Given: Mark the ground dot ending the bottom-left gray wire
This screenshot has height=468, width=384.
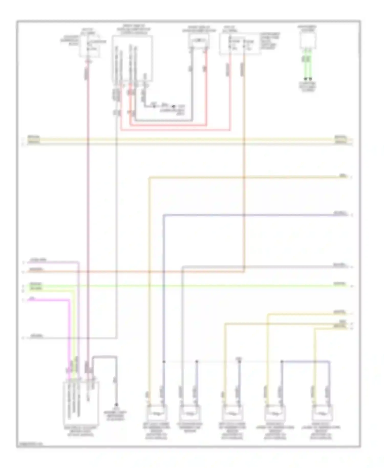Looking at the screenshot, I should click(116, 405).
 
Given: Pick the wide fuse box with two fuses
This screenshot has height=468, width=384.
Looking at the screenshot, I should click(240, 44).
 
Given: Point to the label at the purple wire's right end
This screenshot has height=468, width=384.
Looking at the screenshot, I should click(340, 213).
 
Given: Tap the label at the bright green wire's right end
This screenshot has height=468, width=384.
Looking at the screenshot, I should click(339, 284).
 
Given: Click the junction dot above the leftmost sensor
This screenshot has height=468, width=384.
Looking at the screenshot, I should click(164, 362).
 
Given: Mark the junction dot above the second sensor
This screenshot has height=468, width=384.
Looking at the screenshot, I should click(197, 362).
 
